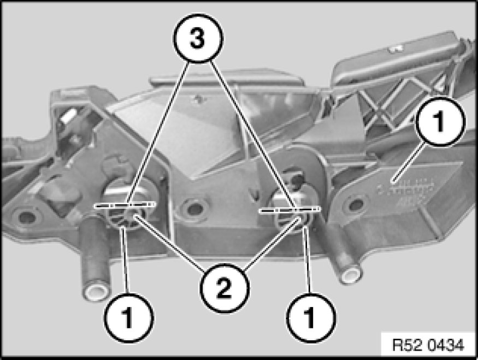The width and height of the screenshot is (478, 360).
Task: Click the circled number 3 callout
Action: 198,38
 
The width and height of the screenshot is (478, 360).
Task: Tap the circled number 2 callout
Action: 225,288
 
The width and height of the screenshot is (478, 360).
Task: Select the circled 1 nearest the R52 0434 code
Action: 311,318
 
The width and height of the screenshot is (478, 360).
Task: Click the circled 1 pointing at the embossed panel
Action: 440,121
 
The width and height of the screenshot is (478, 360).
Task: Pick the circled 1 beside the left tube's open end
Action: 129,318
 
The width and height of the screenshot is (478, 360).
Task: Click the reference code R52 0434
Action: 428,345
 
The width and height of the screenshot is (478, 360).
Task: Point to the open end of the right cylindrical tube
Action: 350,275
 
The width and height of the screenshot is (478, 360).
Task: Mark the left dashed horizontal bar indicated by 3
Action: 125,205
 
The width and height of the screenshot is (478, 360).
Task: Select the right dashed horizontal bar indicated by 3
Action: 290,209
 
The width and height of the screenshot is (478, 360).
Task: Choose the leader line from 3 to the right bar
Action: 252,134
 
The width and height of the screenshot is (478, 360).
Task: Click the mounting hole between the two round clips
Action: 194,209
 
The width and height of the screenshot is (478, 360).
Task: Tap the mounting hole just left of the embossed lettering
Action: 356,204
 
